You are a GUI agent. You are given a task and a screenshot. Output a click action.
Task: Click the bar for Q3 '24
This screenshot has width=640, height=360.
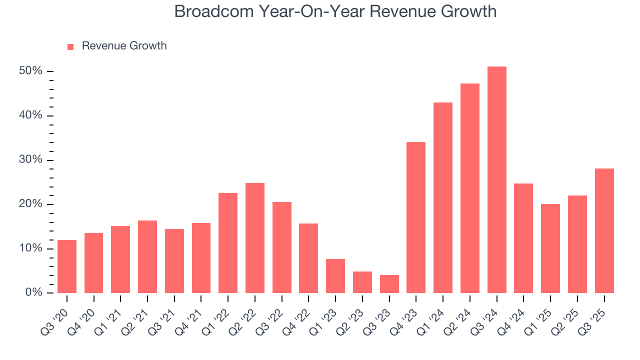pos(496,180)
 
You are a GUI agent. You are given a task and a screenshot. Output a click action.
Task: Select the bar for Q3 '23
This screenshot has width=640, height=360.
pos(389,284)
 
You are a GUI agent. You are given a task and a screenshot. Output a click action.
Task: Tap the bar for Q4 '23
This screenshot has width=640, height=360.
pos(416,217)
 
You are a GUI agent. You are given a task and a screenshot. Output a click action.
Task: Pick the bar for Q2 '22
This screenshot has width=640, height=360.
pos(255,238)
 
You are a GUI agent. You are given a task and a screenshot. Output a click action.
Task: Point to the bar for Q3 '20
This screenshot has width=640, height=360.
pos(67,266)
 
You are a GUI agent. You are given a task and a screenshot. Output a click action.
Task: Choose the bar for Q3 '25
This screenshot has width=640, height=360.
pos(604,230)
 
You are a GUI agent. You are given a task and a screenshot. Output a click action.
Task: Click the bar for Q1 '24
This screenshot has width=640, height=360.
pos(443,197)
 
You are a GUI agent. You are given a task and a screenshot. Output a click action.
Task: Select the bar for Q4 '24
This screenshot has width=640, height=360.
pos(523,238)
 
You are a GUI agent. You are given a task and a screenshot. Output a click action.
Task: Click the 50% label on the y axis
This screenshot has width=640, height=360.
pos(30,71)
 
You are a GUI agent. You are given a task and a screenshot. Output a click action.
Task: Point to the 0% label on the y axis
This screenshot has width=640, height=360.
pos(33,292)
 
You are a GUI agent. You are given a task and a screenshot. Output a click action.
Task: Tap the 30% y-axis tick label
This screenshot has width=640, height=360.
pos(30,160)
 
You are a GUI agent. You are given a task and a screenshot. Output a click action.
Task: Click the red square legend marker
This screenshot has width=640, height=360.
pos(70,46)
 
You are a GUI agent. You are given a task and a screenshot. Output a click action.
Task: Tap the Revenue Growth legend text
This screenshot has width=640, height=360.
pos(124,46)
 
